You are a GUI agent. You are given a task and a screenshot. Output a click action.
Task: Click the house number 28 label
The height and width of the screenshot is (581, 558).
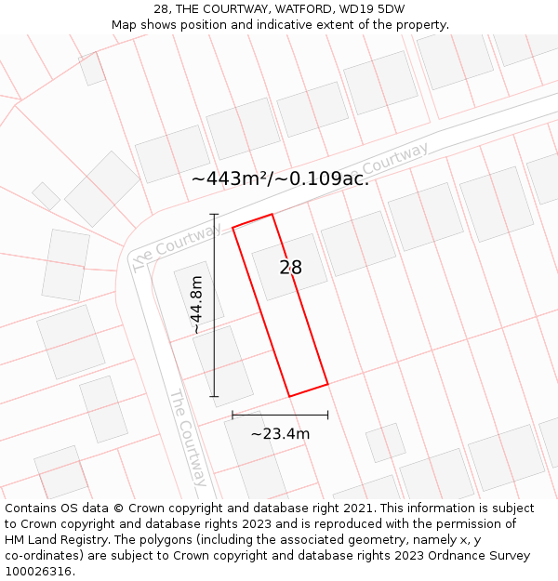(x=290, y=268)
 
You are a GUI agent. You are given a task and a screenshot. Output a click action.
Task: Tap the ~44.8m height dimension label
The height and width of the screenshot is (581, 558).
(x=196, y=305)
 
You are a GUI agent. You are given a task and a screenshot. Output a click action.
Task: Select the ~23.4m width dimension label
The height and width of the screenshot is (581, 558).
(x=280, y=433)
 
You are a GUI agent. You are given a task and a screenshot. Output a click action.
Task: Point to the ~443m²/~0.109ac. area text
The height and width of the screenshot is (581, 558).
(x=280, y=178)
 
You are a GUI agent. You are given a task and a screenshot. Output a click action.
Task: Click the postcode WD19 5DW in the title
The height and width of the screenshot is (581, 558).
(x=372, y=9)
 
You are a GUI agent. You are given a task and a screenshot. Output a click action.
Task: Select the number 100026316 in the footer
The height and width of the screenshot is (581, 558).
(x=40, y=572)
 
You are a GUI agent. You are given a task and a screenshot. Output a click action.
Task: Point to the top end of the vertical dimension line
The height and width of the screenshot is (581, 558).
(x=214, y=215)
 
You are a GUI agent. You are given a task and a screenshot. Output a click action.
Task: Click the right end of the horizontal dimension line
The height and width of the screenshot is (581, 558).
(x=327, y=415)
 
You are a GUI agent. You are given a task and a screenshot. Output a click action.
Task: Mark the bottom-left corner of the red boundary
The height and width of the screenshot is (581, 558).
(x=289, y=397)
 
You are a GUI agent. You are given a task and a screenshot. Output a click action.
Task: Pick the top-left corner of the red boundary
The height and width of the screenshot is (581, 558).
(x=232, y=227)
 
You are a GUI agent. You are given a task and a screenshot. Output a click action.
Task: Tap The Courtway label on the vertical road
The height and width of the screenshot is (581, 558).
(x=187, y=437)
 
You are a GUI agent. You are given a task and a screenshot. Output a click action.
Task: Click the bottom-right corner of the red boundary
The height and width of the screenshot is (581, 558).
(x=327, y=383)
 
